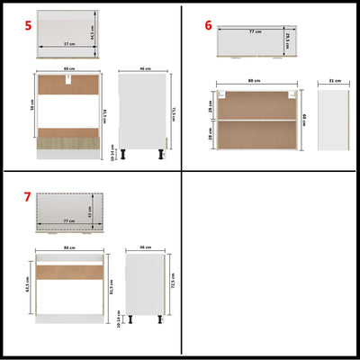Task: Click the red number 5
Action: point(28,26)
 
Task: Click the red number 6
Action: point(209,25)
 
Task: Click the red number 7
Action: point(28,196)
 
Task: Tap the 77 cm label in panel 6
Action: point(256,31)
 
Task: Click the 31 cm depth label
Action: point(334,80)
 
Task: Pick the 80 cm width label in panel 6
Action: point(256,81)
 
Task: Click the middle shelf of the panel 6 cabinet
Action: point(256,120)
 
